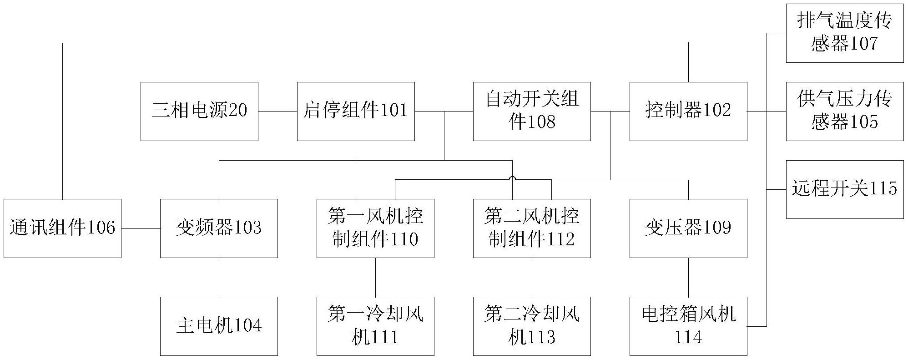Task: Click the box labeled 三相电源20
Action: (x=199, y=112)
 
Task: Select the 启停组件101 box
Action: (x=356, y=112)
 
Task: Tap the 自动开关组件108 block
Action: (x=532, y=112)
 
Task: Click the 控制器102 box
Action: (x=688, y=112)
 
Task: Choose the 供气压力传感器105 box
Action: (x=845, y=112)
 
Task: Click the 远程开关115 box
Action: (x=845, y=189)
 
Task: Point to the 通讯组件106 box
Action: (x=63, y=228)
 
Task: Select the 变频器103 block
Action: (x=219, y=228)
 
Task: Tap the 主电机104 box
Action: (x=219, y=326)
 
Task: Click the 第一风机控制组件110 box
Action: (x=375, y=228)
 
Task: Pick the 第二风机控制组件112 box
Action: (x=532, y=228)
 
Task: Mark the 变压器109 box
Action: (x=688, y=228)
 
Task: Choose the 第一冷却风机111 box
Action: (x=375, y=326)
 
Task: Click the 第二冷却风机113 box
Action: (x=532, y=326)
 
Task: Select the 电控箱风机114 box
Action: (x=688, y=326)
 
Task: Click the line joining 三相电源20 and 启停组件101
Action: (x=277, y=112)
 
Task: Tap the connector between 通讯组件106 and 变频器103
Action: (x=141, y=228)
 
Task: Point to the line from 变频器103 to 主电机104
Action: (x=219, y=277)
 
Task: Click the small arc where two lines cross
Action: (x=513, y=178)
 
